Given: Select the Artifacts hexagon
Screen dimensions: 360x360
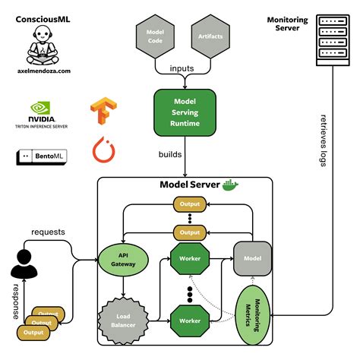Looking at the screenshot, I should (210, 36).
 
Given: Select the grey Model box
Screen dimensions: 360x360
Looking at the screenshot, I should (252, 258).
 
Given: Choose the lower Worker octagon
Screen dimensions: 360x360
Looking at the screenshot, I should (191, 321).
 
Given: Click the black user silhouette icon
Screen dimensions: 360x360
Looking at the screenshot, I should (23, 264).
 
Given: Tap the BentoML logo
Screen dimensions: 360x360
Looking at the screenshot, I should (43, 157).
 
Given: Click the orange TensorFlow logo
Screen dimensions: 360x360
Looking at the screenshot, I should (102, 110).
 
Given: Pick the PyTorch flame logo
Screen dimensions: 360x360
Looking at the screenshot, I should (103, 149).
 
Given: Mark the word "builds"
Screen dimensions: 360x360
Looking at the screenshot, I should (170, 154).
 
